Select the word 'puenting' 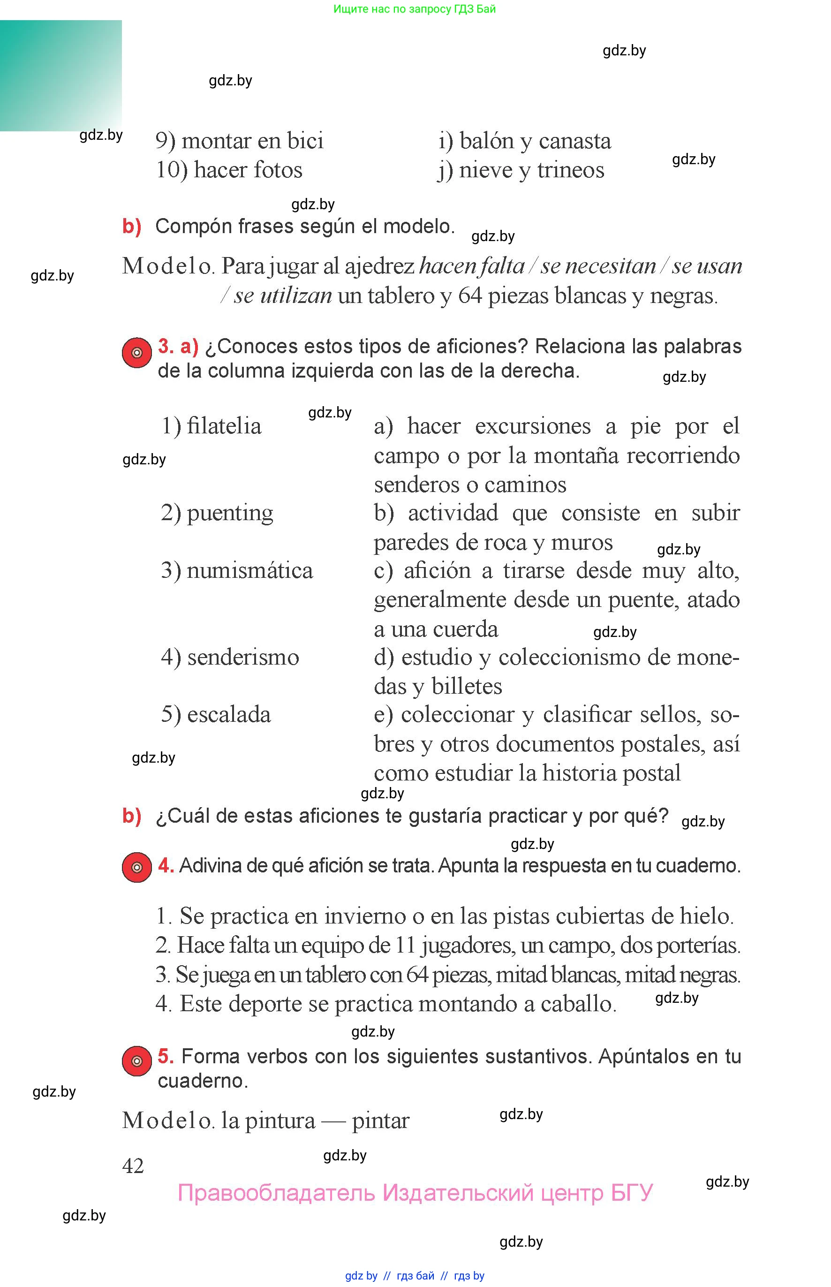coord(230,513)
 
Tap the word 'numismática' coord(249,571)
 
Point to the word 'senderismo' coord(243,657)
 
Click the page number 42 coord(133,1166)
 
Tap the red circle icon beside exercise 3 coord(136,353)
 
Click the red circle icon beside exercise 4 coord(136,867)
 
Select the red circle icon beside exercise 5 coord(136,1061)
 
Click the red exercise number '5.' coord(166,1056)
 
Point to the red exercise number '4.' coord(166,865)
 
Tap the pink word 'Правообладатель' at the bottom coord(276,1193)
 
